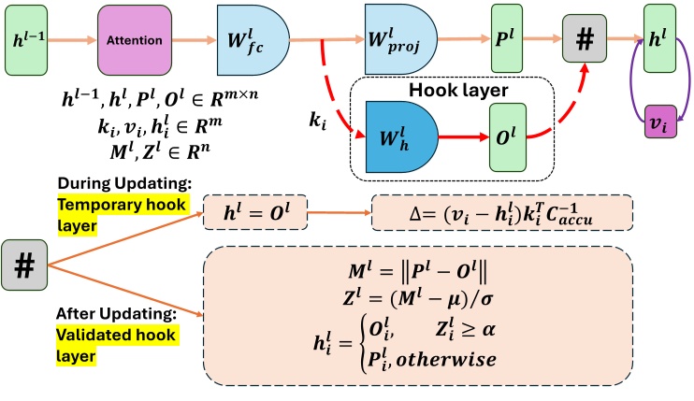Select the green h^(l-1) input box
click(x=26, y=41)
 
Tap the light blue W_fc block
click(x=250, y=41)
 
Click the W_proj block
click(x=401, y=41)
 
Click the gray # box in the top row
click(x=584, y=41)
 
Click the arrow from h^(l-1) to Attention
click(x=74, y=41)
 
